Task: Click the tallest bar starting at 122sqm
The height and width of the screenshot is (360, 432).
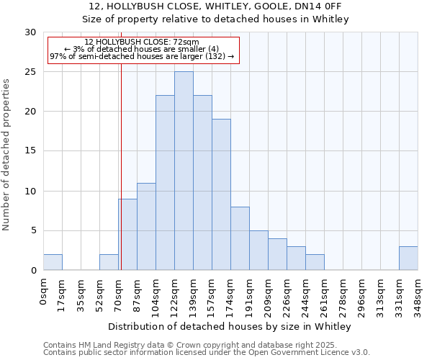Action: [184, 171]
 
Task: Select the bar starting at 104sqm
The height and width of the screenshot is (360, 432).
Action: [165, 183]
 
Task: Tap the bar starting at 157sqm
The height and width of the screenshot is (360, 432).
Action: [221, 194]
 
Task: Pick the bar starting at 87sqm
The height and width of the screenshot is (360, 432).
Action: [146, 226]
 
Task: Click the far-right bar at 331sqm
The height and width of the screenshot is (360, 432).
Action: [408, 258]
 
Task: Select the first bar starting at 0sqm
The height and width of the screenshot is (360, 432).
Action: [53, 262]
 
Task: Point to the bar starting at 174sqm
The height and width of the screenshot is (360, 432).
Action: [240, 238]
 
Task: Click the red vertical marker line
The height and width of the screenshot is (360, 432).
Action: [121, 180]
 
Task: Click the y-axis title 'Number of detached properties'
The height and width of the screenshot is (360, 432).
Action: [6, 155]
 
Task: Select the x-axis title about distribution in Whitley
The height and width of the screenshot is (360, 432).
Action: [230, 327]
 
